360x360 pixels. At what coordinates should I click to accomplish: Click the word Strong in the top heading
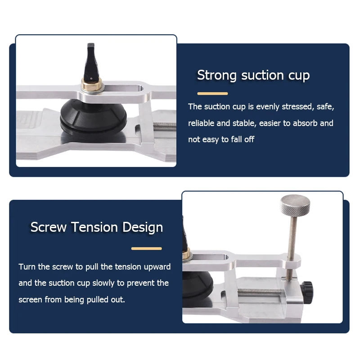click(x=217, y=75)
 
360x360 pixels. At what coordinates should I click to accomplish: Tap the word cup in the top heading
click(x=299, y=76)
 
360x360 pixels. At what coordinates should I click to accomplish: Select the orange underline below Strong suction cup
click(x=212, y=94)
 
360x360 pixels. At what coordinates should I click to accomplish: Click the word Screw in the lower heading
click(x=49, y=227)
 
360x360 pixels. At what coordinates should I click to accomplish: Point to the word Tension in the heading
click(x=94, y=227)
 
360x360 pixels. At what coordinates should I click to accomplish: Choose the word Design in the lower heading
click(x=143, y=228)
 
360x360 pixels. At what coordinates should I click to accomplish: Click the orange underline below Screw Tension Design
click(x=147, y=248)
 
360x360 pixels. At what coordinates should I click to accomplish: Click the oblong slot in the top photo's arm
click(x=123, y=89)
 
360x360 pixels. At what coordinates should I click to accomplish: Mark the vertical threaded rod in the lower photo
click(x=292, y=248)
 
